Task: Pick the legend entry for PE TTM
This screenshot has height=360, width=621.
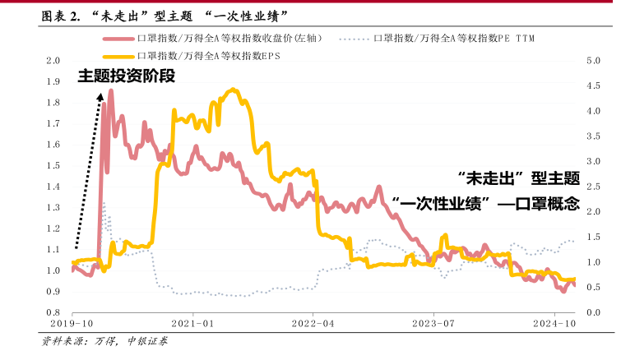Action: (x=453, y=39)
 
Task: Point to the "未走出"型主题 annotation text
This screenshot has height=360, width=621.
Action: (x=517, y=178)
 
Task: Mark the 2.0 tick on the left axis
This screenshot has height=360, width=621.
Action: (x=54, y=61)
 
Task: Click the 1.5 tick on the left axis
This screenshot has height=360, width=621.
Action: (x=54, y=166)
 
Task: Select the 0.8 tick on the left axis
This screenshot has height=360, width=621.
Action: (x=54, y=312)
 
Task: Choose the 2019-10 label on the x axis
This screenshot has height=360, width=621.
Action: (x=73, y=325)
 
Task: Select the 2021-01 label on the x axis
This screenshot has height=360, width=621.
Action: (x=193, y=325)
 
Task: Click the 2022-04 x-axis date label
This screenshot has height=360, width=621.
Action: (x=313, y=325)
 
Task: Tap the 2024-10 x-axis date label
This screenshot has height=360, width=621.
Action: (x=554, y=325)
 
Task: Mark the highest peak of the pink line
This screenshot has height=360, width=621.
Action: (x=111, y=90)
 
